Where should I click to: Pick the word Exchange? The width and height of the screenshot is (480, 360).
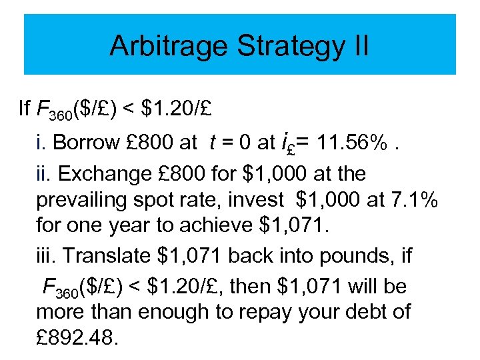pos(99,174)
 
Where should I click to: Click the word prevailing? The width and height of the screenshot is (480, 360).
pos(86,199)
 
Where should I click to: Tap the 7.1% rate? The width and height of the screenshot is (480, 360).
pos(413,199)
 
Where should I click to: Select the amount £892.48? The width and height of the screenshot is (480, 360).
pos(77,337)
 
